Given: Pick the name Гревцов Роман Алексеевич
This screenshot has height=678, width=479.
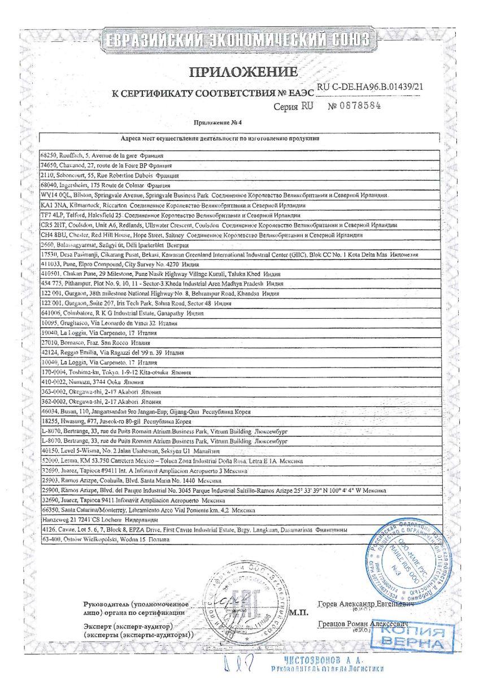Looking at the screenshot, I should pyautogui.click(x=362, y=624).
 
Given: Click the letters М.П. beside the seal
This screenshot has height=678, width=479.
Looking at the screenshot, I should pyautogui.click(x=297, y=612).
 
